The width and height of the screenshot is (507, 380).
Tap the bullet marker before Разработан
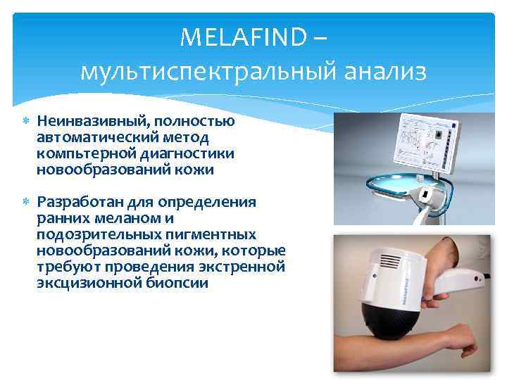pos(25,203)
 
